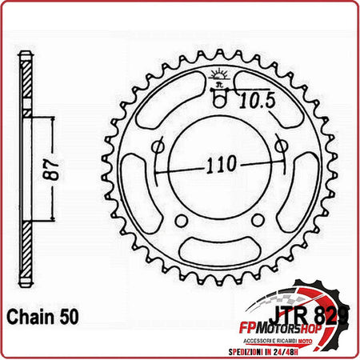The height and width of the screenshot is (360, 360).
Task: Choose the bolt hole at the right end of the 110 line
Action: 280,146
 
